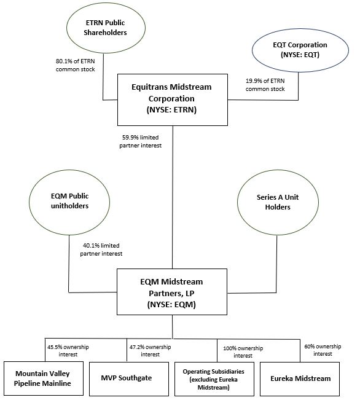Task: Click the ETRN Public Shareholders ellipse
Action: (x=106, y=28)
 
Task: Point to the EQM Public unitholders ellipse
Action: (x=68, y=201)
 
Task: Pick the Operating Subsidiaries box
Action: (x=213, y=378)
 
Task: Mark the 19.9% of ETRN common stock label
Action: (x=266, y=84)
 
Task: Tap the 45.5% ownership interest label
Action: (x=68, y=350)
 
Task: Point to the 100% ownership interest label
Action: (x=238, y=351)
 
